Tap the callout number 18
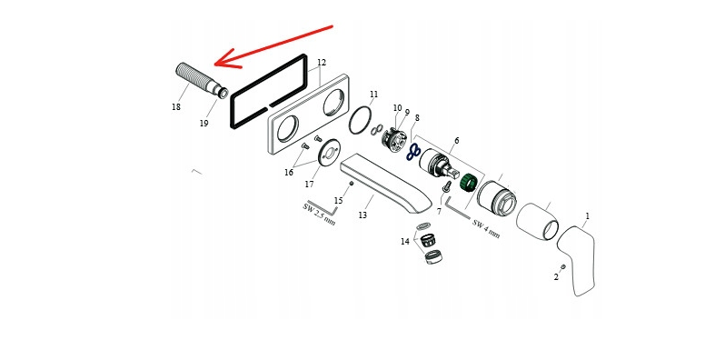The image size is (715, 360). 176,107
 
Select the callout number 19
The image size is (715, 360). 204,124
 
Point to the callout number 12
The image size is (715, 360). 322,63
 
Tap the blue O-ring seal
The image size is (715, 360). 413,153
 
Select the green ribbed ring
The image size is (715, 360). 469,182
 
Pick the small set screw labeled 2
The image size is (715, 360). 563,266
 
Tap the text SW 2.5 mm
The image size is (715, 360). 319,215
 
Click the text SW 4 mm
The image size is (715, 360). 486,229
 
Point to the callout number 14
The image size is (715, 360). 405,242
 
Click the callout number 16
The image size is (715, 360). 289,173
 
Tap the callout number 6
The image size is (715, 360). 456,141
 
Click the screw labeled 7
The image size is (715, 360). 446,186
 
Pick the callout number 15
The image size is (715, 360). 338,201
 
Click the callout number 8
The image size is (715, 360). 417,118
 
